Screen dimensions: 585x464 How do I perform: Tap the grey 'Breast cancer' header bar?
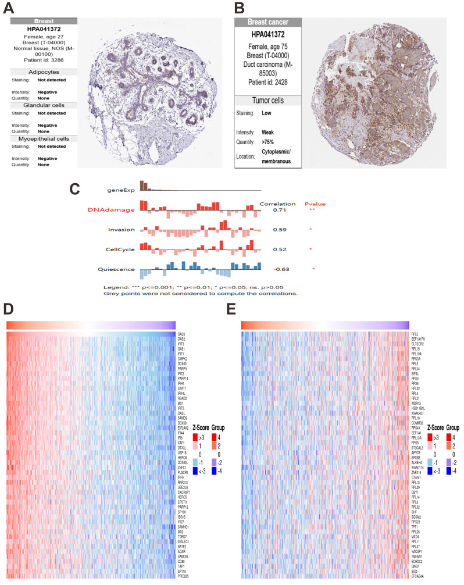coord(268,22)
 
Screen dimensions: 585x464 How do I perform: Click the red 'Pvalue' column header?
coord(315,204)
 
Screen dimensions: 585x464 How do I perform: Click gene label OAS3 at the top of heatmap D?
coord(181,334)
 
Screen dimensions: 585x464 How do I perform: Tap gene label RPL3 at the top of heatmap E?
coord(415,334)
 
